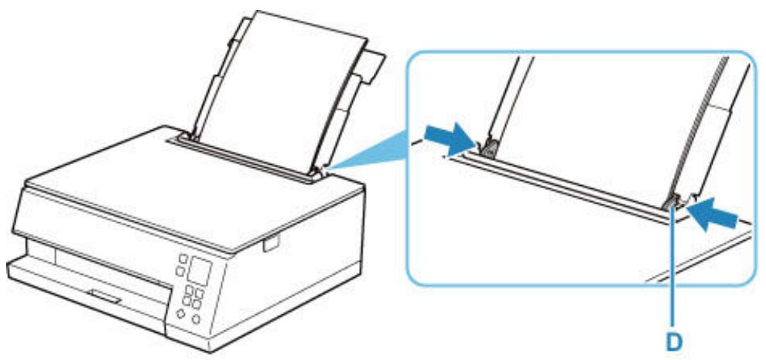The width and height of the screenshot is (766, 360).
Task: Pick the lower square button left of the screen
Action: [179, 270]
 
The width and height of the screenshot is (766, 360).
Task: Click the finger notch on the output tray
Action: [104, 293]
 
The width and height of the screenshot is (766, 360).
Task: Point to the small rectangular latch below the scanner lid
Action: [268, 245]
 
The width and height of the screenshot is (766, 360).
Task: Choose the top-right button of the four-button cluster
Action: [199, 293]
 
